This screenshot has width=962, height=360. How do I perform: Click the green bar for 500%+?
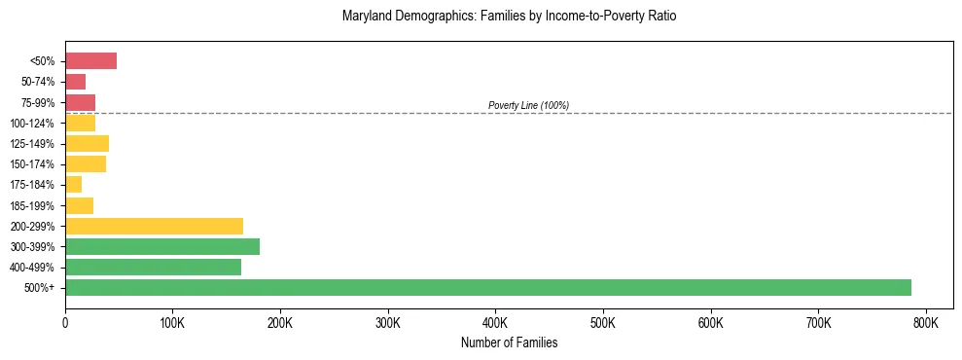pyautogui.click(x=487, y=287)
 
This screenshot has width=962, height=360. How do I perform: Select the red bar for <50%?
pyautogui.click(x=90, y=61)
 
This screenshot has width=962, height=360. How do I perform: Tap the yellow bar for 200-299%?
pyautogui.click(x=154, y=226)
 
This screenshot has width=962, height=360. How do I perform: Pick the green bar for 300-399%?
pyautogui.click(x=162, y=246)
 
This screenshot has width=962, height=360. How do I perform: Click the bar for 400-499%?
pyautogui.click(x=153, y=267)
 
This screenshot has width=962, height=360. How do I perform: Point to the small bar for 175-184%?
pyautogui.click(x=73, y=185)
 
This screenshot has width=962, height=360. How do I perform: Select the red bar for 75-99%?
pyautogui.click(x=80, y=102)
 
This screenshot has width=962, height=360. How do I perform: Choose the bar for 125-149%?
pyautogui.click(x=87, y=144)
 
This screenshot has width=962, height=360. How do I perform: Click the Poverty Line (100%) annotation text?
pyautogui.click(x=528, y=105)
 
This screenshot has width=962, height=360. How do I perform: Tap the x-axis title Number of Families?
pyautogui.click(x=509, y=342)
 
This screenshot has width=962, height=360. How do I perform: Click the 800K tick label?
pyautogui.click(x=926, y=322)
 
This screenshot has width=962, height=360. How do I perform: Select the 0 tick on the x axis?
pyautogui.click(x=65, y=322)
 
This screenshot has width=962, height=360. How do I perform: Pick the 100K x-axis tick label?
pyautogui.click(x=172, y=322)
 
